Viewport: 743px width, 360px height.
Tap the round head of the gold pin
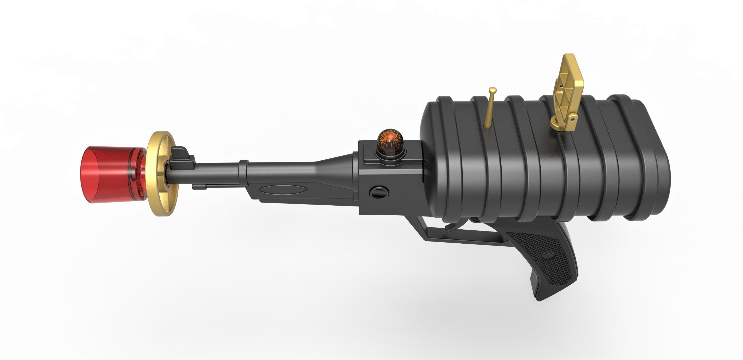(x=493, y=90)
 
